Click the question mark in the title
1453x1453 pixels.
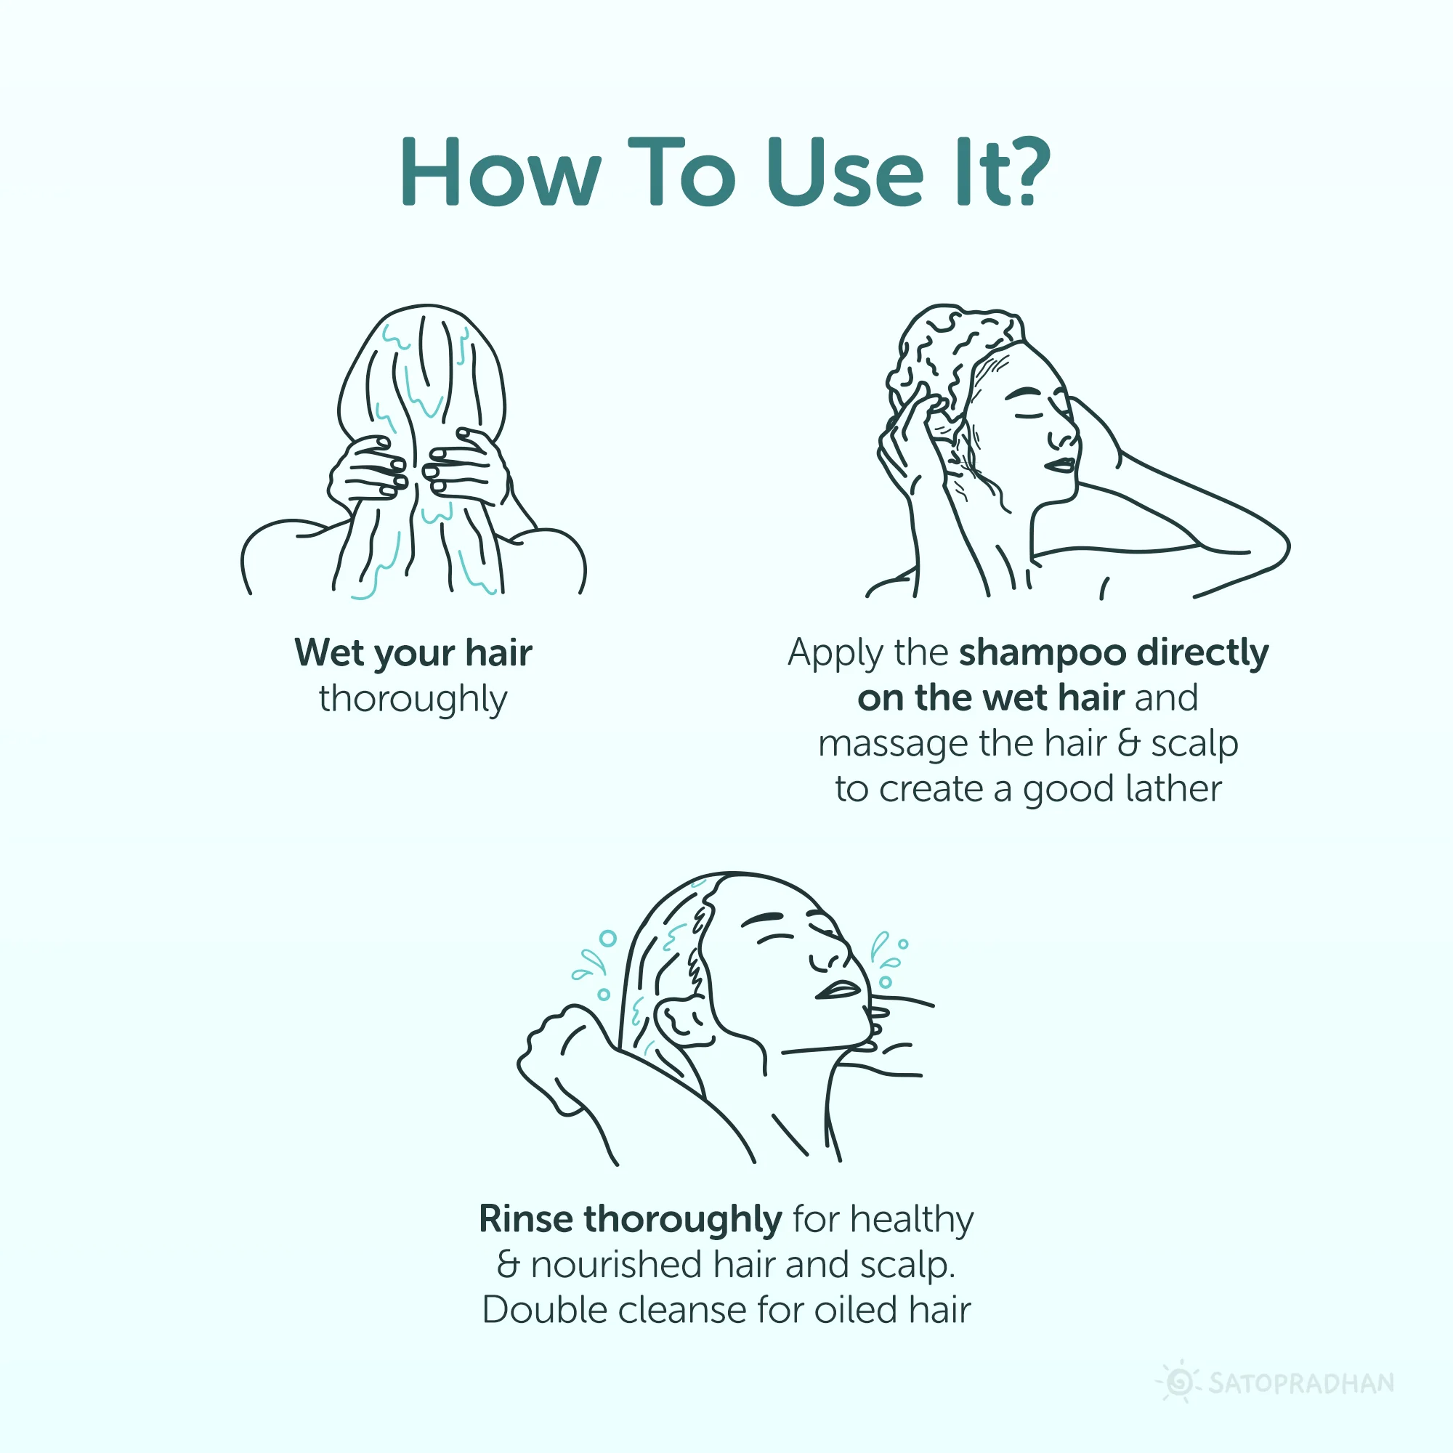pos(1025,171)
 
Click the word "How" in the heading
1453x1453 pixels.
pos(501,171)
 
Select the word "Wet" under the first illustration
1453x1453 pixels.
pos(328,652)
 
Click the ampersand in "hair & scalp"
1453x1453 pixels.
pos(1129,744)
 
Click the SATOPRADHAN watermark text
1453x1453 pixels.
pos(1301,1383)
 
